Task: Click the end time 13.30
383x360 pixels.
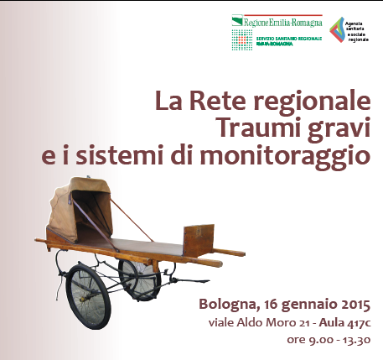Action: [355, 340]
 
